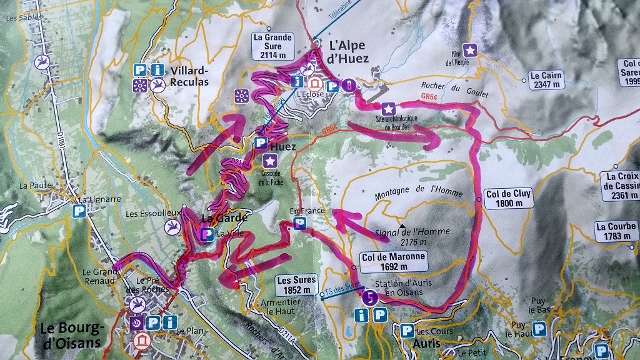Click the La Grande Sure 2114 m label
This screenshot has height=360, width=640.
[x=272, y=46]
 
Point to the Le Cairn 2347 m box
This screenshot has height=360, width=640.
[x=546, y=80]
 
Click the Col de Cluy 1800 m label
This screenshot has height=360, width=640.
[x=507, y=198]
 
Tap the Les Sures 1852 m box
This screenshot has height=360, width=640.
[x=296, y=284]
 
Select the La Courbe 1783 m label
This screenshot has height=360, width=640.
[x=616, y=231]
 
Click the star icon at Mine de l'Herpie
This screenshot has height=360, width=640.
[x=469, y=49]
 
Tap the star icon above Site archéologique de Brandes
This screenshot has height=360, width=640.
[x=388, y=108]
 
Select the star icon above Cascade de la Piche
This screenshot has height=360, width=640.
[x=270, y=161]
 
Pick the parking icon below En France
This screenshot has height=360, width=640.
[x=300, y=223]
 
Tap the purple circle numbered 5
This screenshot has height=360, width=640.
[x=369, y=298]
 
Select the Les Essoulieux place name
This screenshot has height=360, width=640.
[x=144, y=214]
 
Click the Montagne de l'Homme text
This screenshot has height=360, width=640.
[x=419, y=192]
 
